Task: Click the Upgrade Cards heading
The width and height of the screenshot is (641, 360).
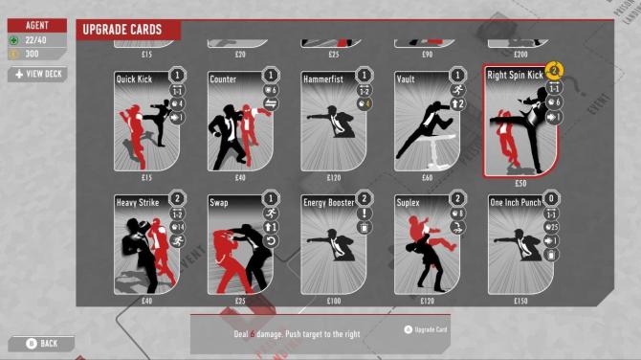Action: [x=121, y=31]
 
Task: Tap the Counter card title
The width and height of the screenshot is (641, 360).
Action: [x=224, y=79]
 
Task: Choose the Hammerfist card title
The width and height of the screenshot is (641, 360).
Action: [x=323, y=79]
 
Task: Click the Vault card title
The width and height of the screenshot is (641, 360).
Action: [x=406, y=79]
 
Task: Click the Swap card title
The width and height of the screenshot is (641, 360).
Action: [x=220, y=202]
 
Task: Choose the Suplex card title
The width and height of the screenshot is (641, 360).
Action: [x=410, y=202]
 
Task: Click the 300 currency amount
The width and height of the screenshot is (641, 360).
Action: [x=33, y=54]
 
